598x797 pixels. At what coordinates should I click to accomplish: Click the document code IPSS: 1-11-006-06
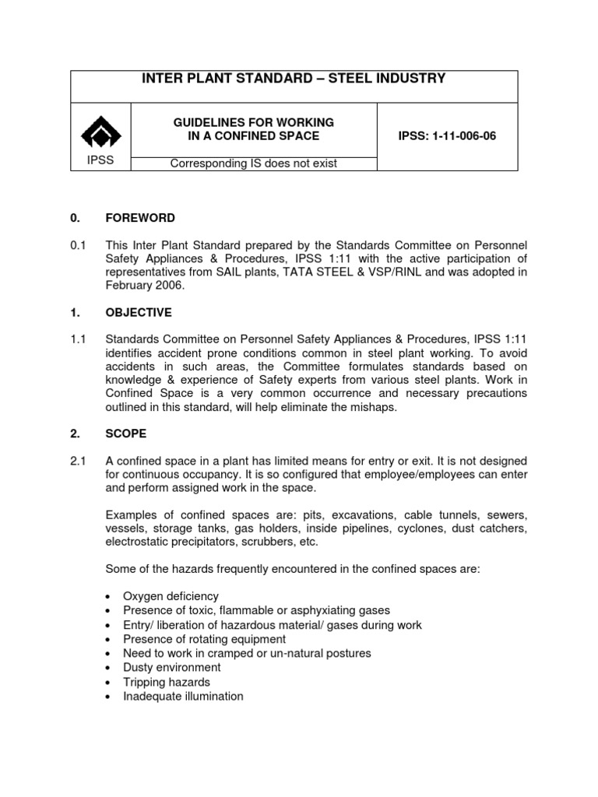447,136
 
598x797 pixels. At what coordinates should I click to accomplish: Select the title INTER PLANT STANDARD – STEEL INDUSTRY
294,79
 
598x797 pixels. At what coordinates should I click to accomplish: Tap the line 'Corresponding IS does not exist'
254,163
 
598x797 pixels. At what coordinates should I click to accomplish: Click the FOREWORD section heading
141,218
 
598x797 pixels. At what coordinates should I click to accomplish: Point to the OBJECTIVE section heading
139,313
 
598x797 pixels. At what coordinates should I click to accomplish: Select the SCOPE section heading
127,433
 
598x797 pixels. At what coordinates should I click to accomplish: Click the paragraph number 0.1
78,245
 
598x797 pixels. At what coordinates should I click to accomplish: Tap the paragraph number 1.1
78,339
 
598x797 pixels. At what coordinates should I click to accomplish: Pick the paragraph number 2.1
78,460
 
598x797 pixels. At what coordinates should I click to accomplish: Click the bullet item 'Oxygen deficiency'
171,596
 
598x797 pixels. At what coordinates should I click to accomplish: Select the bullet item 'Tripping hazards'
167,682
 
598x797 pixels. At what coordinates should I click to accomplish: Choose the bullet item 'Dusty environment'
172,668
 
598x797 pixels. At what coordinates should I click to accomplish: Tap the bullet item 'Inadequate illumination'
183,697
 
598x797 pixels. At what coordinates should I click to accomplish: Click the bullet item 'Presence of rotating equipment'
199,639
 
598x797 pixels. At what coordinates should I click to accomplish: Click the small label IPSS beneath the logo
100,160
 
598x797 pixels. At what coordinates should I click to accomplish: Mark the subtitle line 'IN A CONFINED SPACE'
254,136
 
